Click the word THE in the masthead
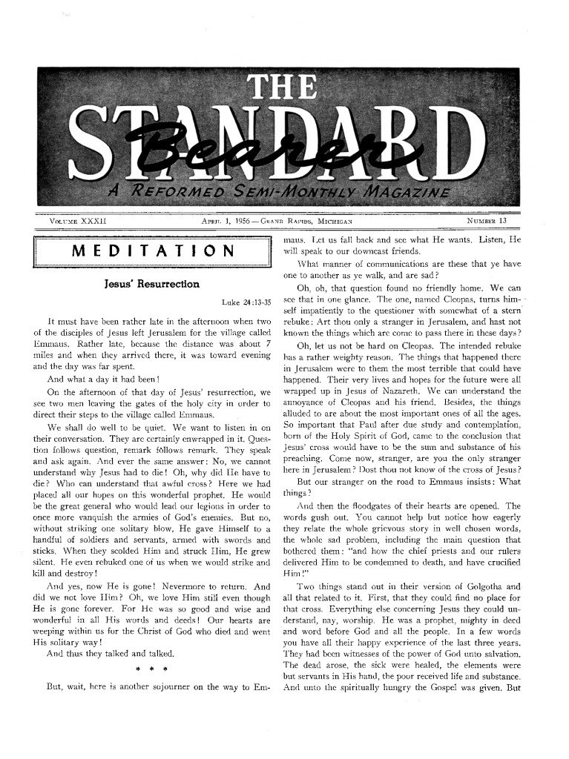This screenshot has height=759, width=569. pyautogui.click(x=284, y=90)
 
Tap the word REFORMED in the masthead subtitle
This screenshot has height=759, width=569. pyautogui.click(x=175, y=193)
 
